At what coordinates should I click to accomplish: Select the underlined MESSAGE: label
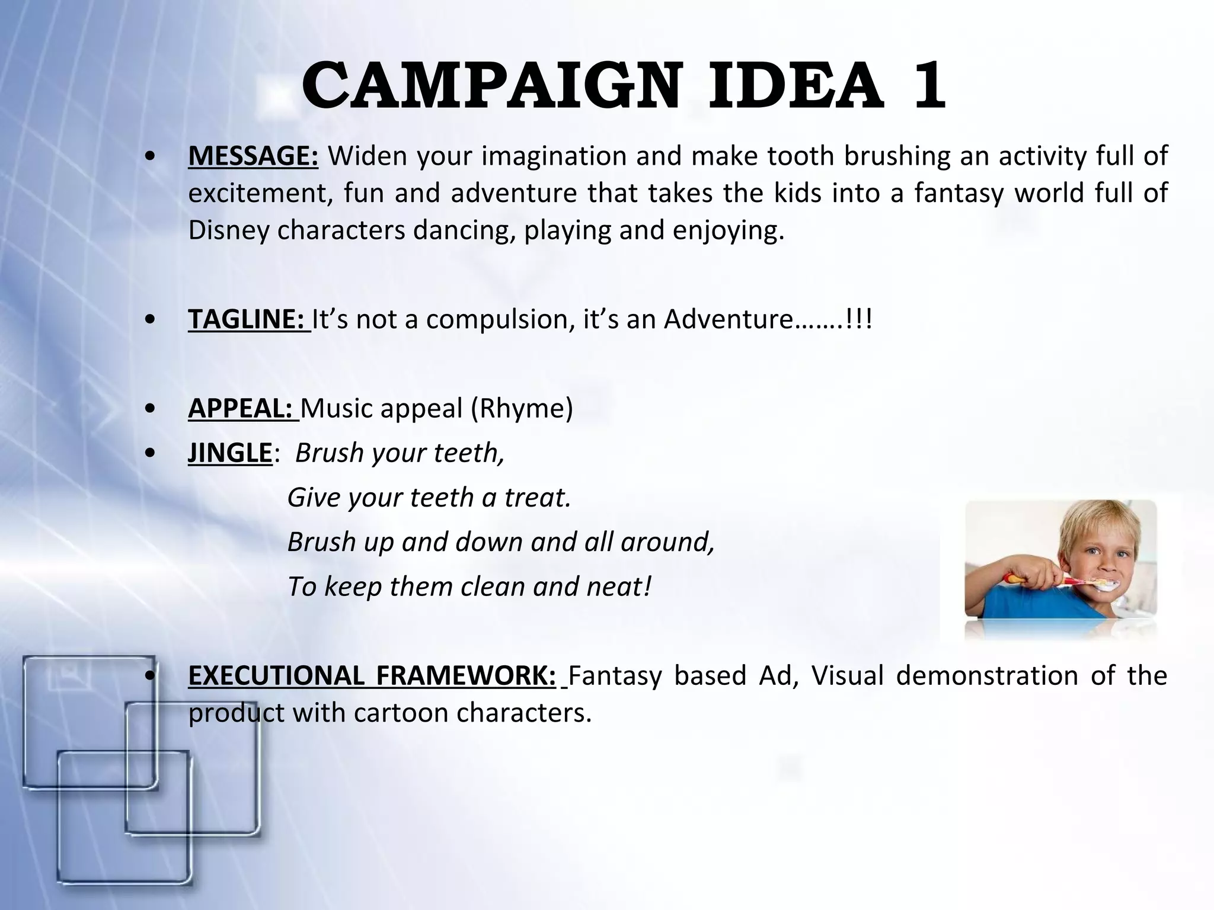253,156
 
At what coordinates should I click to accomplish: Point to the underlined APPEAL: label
242,409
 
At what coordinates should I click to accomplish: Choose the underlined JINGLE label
229,453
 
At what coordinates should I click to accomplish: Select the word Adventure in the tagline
728,319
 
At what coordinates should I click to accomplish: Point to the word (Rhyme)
522,409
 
